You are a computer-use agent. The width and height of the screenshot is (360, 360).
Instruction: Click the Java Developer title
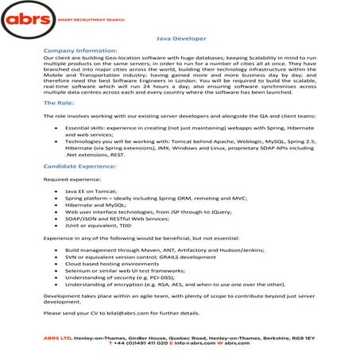[x=180, y=37]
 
